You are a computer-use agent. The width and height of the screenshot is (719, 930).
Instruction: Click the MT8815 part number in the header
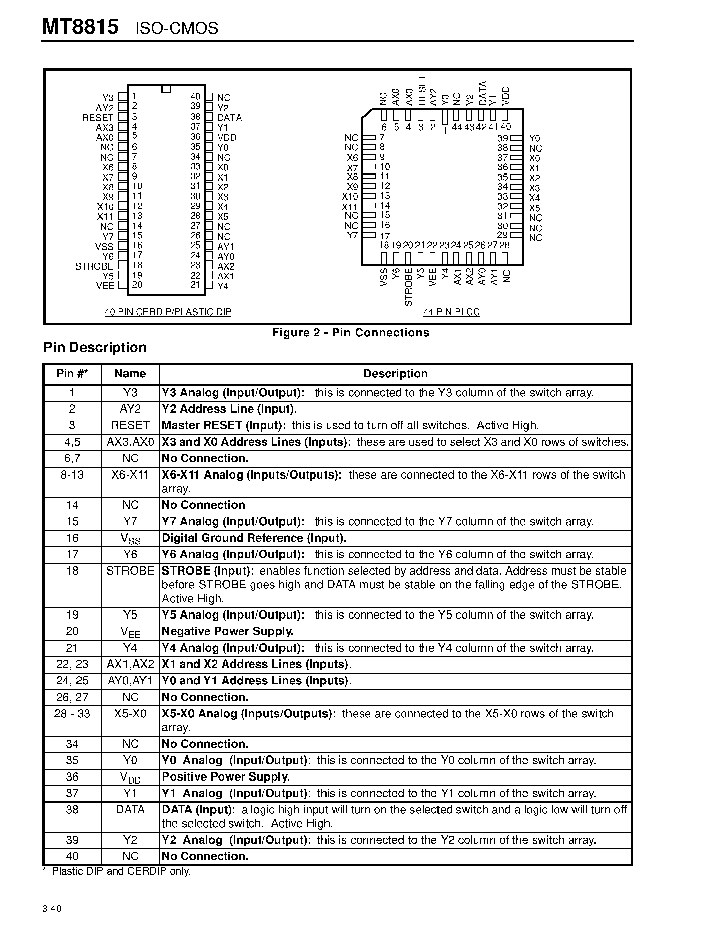[x=80, y=27]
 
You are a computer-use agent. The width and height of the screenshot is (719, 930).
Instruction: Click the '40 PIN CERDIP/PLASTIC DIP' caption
[x=168, y=312]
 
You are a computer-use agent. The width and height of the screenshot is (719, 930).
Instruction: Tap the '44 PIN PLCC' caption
[x=451, y=312]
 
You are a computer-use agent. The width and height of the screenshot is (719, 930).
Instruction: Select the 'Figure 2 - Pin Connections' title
[x=351, y=332]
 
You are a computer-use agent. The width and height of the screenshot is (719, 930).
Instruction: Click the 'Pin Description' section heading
[x=95, y=347]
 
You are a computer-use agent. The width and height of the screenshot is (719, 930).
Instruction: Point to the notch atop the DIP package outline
[x=166, y=89]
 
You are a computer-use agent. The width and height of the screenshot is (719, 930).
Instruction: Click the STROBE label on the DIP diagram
[x=94, y=266]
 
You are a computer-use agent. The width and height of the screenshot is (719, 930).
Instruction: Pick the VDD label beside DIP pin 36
[x=227, y=137]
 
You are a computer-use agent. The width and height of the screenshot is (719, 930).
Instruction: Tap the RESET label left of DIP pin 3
[x=98, y=118]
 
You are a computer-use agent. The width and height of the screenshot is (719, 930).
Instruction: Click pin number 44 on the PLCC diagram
[x=457, y=127]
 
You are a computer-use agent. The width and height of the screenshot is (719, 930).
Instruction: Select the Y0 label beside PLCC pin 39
[x=534, y=138]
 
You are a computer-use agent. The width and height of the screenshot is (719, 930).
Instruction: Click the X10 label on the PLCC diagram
[x=350, y=196]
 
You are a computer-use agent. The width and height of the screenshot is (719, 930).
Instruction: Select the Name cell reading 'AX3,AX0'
[x=130, y=442]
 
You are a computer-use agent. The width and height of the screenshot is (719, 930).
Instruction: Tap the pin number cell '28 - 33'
[x=72, y=713]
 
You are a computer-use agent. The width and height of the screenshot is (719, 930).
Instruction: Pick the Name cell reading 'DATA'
[x=130, y=810]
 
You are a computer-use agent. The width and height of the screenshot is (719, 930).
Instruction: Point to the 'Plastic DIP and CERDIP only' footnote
[x=121, y=871]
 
